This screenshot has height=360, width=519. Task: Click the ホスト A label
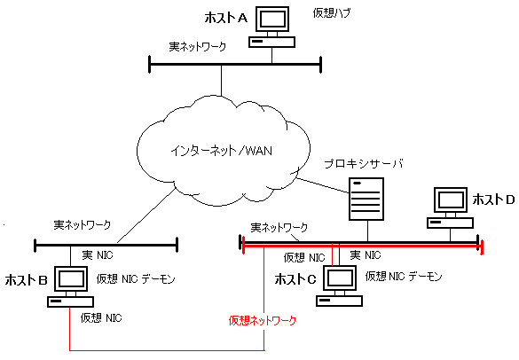pyautogui.click(x=226, y=18)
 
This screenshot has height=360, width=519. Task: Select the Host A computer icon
pyautogui.click(x=271, y=27)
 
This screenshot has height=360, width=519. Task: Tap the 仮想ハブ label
pyautogui.click(x=331, y=13)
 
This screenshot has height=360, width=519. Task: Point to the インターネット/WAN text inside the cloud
pyautogui.click(x=222, y=151)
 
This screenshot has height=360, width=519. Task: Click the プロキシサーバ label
pyautogui.click(x=364, y=164)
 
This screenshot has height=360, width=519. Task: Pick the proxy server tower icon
pyautogui.click(x=366, y=199)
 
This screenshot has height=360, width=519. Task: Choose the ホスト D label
pyautogui.click(x=493, y=200)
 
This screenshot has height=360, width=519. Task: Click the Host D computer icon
pyautogui.click(x=450, y=207)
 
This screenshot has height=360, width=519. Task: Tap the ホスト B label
pyautogui.click(x=26, y=280)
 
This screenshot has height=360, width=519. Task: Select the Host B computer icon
pyautogui.click(x=70, y=286)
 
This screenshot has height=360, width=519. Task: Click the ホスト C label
pyautogui.click(x=295, y=279)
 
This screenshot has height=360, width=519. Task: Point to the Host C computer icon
pyautogui.click(x=339, y=286)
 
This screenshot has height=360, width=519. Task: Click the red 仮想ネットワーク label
pyautogui.click(x=262, y=320)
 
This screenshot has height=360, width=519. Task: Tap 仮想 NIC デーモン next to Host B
pyautogui.click(x=136, y=279)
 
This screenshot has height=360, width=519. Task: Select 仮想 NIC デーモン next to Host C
pyautogui.click(x=404, y=277)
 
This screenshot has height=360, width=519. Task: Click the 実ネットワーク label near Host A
pyautogui.click(x=198, y=46)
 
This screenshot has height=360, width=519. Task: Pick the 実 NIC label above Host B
pyautogui.click(x=98, y=255)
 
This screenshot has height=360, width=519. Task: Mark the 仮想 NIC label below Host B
pyautogui.click(x=101, y=318)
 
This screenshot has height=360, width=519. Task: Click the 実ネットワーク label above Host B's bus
pyautogui.click(x=83, y=225)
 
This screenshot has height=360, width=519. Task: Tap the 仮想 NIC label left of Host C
pyautogui.click(x=304, y=258)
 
